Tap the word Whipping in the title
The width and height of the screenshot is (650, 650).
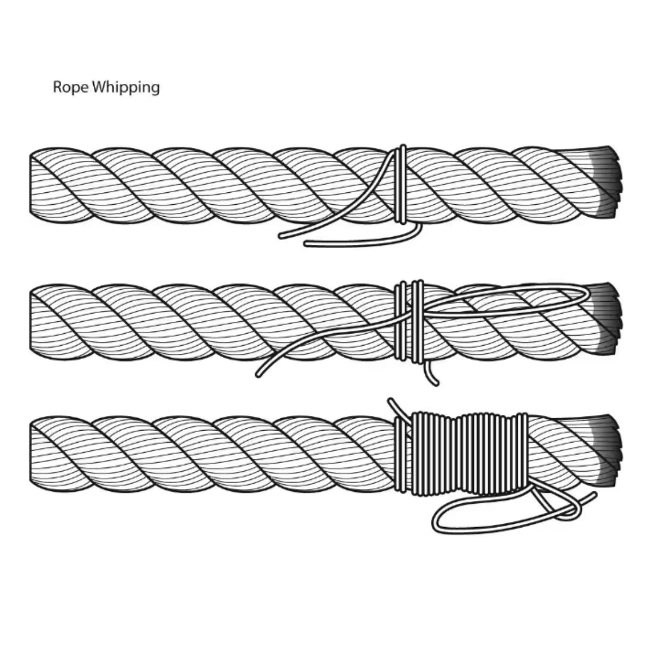[x=126, y=88]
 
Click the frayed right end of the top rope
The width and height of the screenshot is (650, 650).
[x=607, y=181]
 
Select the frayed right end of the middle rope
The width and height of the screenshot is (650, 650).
[x=607, y=320]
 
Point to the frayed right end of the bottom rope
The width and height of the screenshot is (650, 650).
[x=607, y=452]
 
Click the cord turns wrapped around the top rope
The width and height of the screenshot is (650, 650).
[x=400, y=184]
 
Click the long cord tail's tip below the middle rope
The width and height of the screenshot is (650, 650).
[x=258, y=374]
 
